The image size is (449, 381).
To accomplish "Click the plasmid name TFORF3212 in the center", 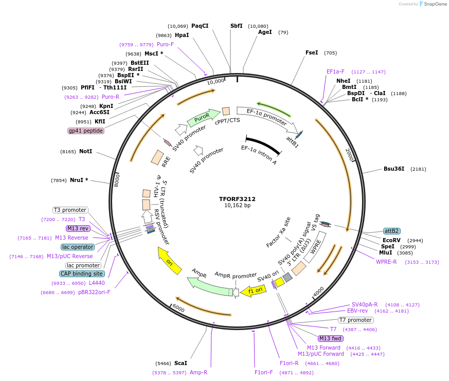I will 237,198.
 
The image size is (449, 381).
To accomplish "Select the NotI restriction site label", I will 85,152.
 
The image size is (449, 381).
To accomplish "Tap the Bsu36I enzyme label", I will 394,169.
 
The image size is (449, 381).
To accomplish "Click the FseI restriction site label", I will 312,52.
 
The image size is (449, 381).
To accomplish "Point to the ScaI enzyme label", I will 181,363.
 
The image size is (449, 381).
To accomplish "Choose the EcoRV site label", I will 391,240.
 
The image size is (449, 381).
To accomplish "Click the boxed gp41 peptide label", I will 86,131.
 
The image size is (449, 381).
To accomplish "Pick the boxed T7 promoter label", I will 355,320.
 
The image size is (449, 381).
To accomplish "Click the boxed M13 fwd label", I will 330,338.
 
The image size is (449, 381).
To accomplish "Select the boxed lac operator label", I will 78,247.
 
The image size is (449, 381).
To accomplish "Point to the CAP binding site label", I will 82,274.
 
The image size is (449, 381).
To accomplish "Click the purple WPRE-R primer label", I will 386,262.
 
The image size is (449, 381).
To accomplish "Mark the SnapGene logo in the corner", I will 432,4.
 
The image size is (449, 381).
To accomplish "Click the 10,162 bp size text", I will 237,206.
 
